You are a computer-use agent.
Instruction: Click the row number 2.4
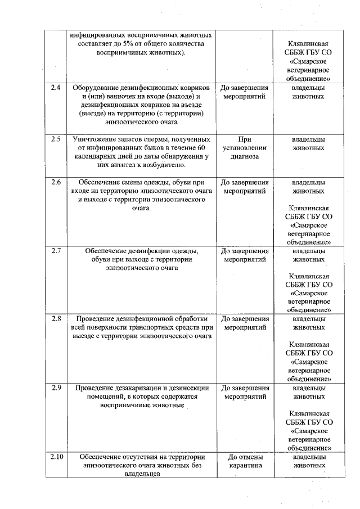(x=56, y=88)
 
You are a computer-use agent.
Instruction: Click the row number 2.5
(x=56, y=139)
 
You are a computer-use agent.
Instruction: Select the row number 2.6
(x=56, y=182)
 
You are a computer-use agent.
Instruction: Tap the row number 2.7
(x=56, y=250)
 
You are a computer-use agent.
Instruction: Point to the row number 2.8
(x=56, y=318)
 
